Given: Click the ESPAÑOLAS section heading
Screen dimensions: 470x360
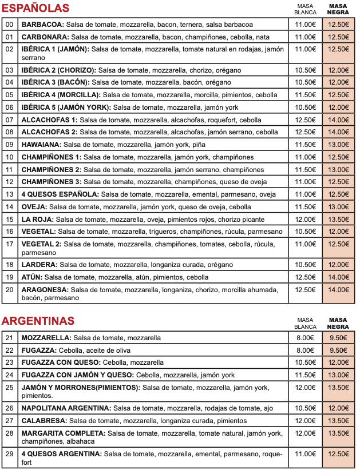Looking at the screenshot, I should [x=35, y=8].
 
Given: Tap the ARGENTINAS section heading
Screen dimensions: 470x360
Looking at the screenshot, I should [x=38, y=320].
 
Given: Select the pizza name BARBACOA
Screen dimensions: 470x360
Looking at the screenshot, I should [x=42, y=25].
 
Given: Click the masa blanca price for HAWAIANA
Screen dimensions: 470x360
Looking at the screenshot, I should [x=305, y=145].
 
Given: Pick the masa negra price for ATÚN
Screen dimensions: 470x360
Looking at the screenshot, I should [x=338, y=277].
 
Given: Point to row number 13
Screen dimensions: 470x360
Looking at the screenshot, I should [x=9, y=194].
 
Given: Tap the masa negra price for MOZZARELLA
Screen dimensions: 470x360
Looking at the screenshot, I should [x=338, y=338].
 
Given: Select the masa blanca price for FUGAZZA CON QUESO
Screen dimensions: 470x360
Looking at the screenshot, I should [x=305, y=363].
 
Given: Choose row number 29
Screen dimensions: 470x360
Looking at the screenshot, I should [x=9, y=454].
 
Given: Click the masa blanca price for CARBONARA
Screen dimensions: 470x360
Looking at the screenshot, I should [x=305, y=37].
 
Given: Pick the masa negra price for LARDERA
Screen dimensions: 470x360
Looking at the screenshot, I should [x=338, y=265].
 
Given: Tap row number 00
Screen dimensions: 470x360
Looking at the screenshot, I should [x=9, y=25].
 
